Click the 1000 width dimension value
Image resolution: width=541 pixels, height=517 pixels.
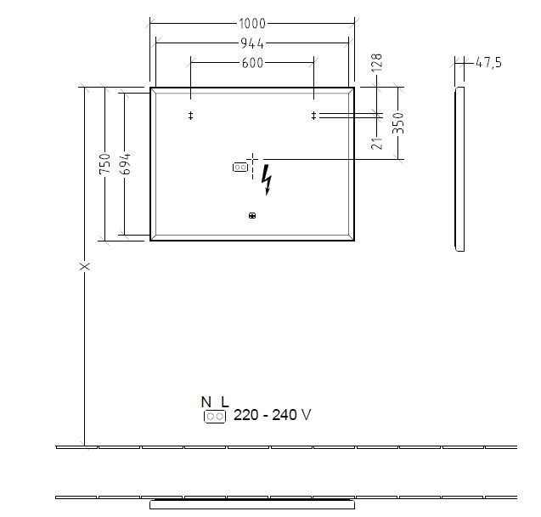(x=252, y=24)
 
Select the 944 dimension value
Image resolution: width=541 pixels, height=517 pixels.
(x=252, y=43)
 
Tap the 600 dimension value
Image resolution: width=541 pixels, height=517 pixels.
(x=252, y=63)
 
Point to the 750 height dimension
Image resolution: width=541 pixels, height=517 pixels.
(x=105, y=163)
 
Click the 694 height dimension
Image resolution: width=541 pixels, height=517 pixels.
(x=125, y=163)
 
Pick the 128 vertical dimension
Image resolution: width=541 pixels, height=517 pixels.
(x=377, y=64)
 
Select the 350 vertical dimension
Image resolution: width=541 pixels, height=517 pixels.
(x=397, y=122)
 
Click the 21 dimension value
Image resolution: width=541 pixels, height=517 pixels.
(x=377, y=141)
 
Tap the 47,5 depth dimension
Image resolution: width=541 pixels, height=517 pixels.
(x=487, y=63)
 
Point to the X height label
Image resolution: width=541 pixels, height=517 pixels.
(x=84, y=266)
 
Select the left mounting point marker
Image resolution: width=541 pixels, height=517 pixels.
(x=191, y=116)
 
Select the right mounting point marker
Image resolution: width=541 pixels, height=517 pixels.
(x=313, y=116)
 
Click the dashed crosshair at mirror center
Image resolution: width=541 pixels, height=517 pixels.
(x=252, y=159)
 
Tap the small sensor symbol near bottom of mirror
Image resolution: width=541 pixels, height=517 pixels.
(x=252, y=216)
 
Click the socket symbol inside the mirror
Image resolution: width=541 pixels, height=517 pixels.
(x=240, y=168)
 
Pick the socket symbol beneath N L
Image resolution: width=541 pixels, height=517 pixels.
(x=214, y=417)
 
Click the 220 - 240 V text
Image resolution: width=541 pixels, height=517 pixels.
(x=272, y=416)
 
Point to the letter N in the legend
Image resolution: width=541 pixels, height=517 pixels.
(x=206, y=401)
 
